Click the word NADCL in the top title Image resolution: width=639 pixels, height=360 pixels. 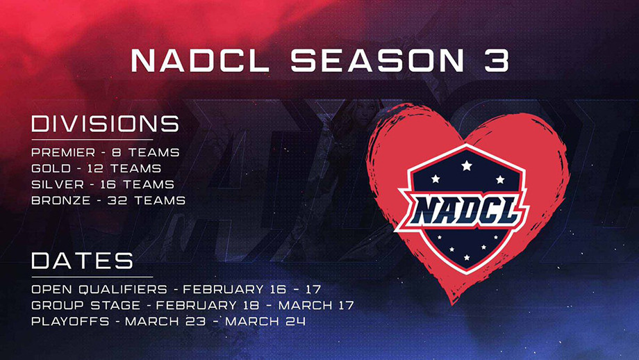[200, 60]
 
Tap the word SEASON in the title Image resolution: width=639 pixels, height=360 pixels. [378, 60]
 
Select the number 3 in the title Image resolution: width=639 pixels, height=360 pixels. [497, 60]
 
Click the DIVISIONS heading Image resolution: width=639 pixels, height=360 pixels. [105, 124]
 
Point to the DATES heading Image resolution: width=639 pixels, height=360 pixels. [83, 261]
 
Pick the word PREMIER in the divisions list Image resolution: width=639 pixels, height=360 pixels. [63, 152]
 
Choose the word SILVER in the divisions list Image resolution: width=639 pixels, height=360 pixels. [58, 184]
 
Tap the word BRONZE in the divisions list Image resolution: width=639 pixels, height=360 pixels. [60, 200]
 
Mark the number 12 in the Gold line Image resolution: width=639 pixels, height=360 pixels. [95, 168]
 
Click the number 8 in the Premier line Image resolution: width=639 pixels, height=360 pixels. [117, 152]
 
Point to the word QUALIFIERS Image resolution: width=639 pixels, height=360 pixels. [123, 290]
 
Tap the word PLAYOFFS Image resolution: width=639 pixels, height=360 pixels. [70, 321]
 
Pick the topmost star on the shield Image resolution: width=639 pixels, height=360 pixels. [467, 165]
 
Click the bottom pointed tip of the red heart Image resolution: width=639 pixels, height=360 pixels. [452, 303]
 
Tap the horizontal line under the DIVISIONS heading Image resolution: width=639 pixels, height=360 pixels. [92, 140]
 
